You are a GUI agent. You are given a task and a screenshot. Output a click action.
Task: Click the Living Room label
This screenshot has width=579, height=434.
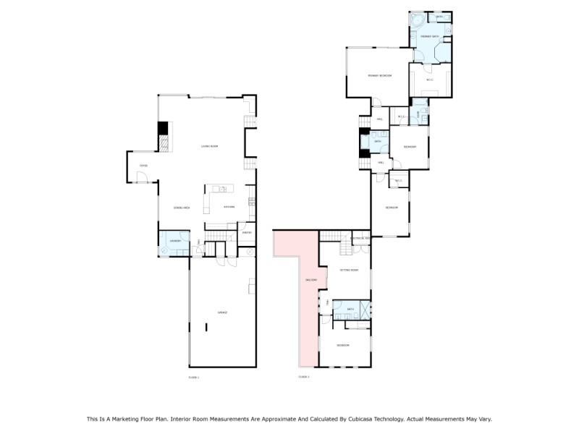[x=210, y=147]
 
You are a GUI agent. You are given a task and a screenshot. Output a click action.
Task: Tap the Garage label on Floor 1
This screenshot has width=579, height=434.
[x=223, y=312]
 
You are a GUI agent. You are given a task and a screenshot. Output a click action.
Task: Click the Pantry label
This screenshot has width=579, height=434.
[x=246, y=233]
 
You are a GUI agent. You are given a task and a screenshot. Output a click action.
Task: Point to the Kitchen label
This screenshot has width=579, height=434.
[x=229, y=208]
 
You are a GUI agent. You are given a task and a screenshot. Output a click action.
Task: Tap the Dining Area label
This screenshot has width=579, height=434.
[x=181, y=208]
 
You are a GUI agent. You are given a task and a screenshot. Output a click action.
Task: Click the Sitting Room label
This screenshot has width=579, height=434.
[x=349, y=270]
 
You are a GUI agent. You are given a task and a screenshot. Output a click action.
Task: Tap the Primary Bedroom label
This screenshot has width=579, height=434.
[x=379, y=75]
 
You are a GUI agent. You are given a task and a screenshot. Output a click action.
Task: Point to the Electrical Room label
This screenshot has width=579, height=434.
[x=360, y=239]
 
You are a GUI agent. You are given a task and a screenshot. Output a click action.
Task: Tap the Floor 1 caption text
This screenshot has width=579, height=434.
[x=193, y=377]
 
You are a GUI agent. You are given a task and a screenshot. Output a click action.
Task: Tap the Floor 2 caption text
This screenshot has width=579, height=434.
[x=304, y=377]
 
